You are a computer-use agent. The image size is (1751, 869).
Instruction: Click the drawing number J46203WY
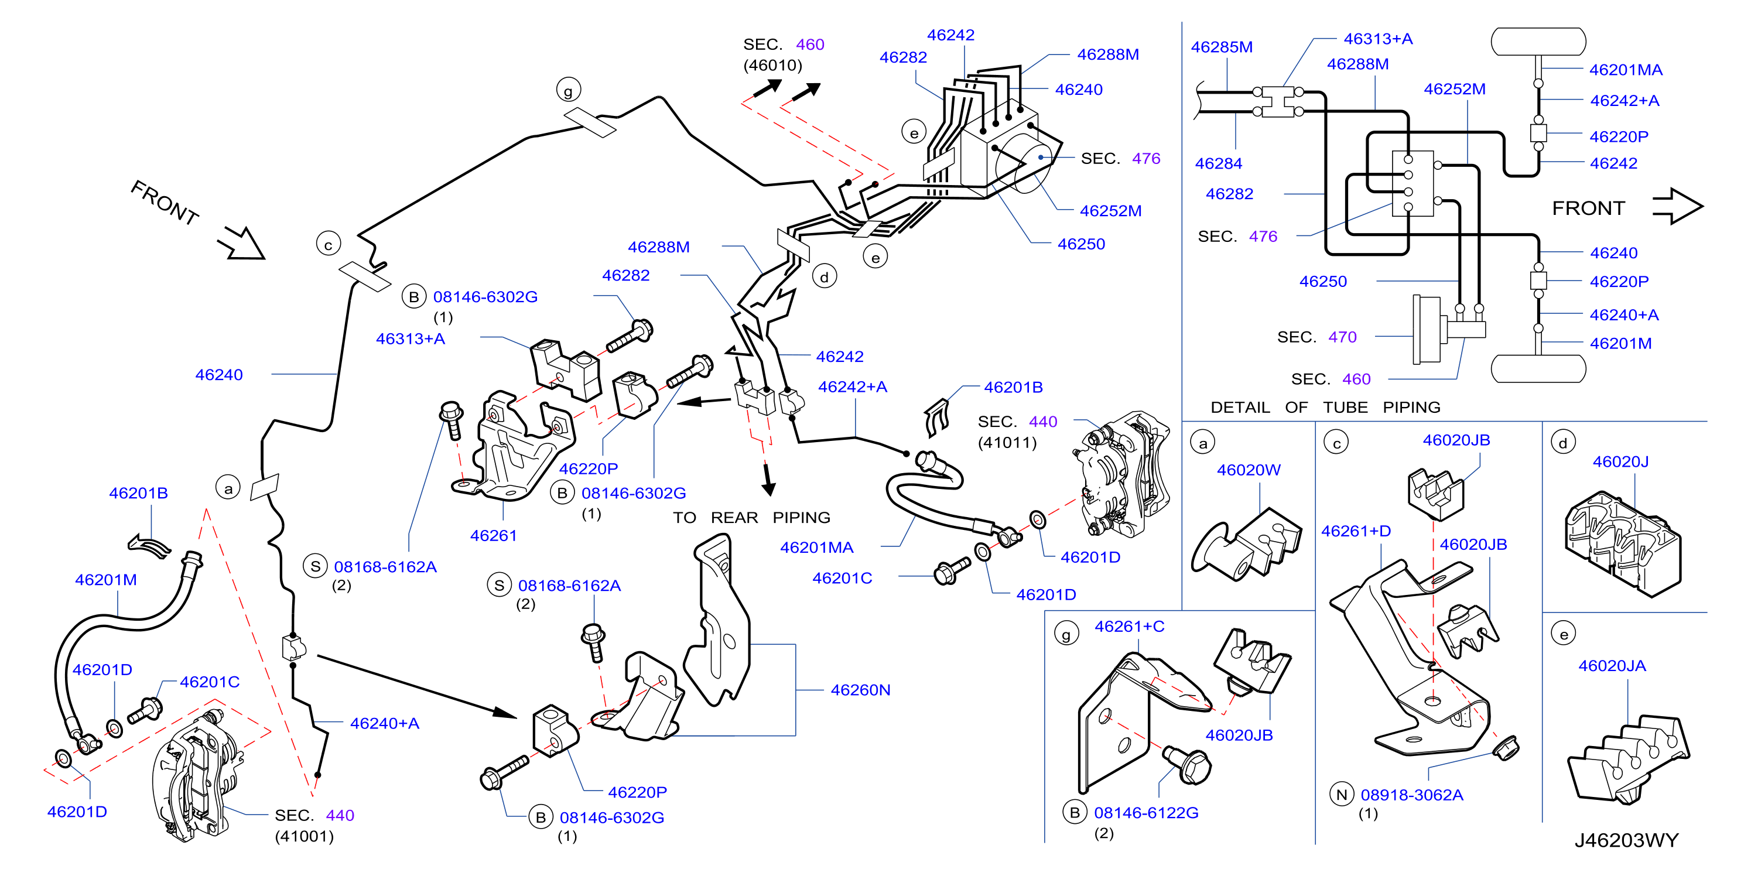[1626, 840]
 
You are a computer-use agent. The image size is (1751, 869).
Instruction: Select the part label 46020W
[1249, 470]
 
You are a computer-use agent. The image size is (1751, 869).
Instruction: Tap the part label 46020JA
[1612, 666]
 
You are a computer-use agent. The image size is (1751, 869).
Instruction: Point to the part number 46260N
[860, 690]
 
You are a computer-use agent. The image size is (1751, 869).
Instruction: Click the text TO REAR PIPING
[752, 518]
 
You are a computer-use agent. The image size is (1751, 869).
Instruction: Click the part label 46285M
[1222, 47]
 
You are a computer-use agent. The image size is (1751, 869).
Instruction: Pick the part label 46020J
[1620, 461]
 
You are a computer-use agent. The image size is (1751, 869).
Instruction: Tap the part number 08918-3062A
[1412, 795]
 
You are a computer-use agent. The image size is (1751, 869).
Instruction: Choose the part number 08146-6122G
[1146, 813]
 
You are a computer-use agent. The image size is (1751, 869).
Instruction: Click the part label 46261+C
[1129, 627]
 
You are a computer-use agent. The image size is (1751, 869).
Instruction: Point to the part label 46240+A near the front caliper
[385, 724]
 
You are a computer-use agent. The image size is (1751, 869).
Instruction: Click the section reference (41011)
[1007, 443]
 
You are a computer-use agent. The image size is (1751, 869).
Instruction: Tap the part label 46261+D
[1356, 531]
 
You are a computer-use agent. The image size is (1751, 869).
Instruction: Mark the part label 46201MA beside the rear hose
[816, 547]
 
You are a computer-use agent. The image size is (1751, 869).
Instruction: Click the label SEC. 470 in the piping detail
[1316, 337]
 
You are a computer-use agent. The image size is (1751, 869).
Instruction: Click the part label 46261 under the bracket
[494, 535]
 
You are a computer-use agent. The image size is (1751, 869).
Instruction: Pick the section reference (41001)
[305, 836]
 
